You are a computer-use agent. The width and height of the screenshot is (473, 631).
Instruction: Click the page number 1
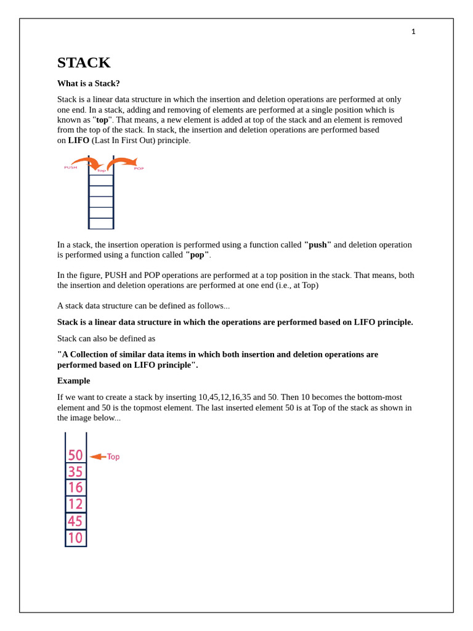(x=413, y=32)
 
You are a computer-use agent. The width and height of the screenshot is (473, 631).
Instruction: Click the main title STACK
(x=84, y=63)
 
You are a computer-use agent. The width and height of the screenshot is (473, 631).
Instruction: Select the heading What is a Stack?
(x=89, y=83)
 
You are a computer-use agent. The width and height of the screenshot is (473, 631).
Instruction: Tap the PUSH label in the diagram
(x=71, y=168)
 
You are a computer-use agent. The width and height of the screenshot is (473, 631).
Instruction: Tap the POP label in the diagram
(x=139, y=168)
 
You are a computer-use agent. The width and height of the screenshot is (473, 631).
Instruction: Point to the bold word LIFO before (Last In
(x=79, y=140)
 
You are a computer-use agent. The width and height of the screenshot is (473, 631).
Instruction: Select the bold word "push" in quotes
(x=318, y=245)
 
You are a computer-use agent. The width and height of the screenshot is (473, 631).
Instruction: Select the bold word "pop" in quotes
(x=197, y=254)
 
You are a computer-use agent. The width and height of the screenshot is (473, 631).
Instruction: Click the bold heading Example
(x=73, y=381)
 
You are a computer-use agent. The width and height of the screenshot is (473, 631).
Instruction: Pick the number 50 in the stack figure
(x=75, y=455)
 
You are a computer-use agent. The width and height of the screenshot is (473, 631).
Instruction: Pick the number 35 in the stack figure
(x=75, y=472)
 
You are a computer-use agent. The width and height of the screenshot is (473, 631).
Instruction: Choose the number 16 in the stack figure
(x=75, y=488)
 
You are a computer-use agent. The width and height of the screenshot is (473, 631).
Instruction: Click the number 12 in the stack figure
(x=75, y=505)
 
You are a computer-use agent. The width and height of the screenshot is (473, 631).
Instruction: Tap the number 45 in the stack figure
(x=75, y=521)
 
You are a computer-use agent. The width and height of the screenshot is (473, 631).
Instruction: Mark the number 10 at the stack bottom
(x=75, y=538)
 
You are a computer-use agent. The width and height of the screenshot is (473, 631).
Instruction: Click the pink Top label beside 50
(x=113, y=457)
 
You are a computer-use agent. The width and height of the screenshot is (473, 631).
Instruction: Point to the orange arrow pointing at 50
(x=97, y=457)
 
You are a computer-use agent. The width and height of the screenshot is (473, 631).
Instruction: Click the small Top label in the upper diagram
(x=101, y=171)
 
